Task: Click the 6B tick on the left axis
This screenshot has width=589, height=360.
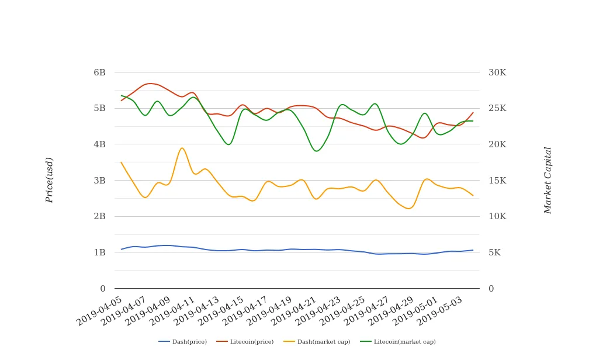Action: pos(99,72)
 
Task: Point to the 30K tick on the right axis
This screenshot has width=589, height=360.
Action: pos(497,72)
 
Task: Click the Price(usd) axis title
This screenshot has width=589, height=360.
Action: pos(50,180)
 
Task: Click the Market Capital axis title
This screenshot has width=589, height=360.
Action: pos(548,180)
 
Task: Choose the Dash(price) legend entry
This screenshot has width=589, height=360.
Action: pos(182,342)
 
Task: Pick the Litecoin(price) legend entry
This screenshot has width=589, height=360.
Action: pos(245,342)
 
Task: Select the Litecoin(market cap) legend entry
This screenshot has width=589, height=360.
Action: pos(397,342)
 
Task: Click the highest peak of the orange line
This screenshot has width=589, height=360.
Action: pos(182,148)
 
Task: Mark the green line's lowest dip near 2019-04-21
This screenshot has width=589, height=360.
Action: pos(317,151)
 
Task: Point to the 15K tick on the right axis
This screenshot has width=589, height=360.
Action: pos(497,181)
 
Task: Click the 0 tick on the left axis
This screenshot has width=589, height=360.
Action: pos(103,289)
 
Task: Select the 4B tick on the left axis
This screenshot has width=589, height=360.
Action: pos(99,144)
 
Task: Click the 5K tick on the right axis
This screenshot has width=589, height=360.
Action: pos(494,252)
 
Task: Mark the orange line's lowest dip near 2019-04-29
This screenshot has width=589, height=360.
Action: pos(409,209)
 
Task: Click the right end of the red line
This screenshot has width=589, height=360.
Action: pos(473,112)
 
